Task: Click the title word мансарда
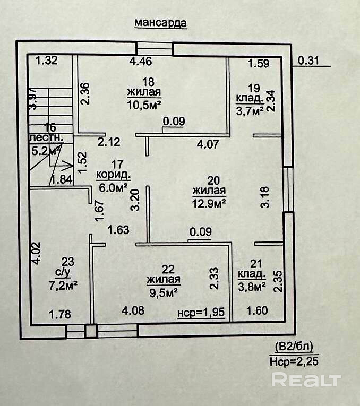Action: tap(161, 23)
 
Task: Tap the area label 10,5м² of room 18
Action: tap(144, 102)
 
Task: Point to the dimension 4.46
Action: tap(141, 62)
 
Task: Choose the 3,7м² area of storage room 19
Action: tap(250, 111)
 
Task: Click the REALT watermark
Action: tap(306, 380)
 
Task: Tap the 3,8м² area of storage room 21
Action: tap(252, 287)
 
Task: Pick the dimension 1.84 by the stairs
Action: tap(62, 179)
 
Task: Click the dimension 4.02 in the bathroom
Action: tap(35, 253)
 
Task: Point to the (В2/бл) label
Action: tap(294, 348)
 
